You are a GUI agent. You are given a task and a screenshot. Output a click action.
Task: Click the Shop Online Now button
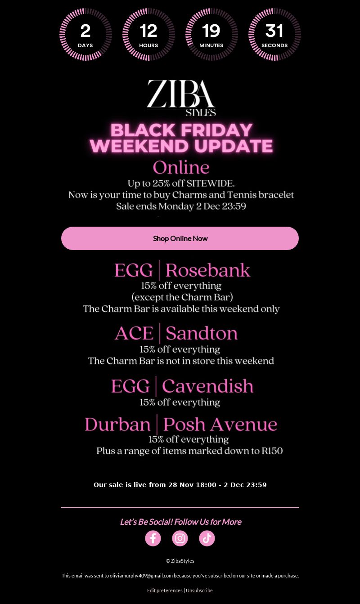pos(180,238)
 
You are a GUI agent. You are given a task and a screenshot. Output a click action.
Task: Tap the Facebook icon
pos(153,538)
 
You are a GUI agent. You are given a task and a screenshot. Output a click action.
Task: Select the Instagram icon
pos(180,538)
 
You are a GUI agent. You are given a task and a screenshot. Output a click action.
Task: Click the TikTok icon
pos(207,538)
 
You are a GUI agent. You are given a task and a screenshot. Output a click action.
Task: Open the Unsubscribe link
pos(199,590)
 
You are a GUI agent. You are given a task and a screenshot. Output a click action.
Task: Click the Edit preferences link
pos(165,590)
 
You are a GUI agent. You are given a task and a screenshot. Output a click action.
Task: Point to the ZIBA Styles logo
pos(181,98)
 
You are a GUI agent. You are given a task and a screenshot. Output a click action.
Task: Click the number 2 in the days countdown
pos(85,31)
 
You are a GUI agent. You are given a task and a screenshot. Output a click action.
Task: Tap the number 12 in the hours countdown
pos(148,31)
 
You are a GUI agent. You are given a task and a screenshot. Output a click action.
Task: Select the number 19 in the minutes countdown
pos(211,31)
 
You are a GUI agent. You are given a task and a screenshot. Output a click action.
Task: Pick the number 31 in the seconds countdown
pos(274,31)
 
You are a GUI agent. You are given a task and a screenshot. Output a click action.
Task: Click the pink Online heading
pos(181,167)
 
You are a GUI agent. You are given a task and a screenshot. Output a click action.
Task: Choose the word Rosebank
pos(207,270)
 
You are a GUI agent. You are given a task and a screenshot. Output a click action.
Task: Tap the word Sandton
pos(202,333)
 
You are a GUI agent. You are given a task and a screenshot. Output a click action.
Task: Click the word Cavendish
pos(207,386)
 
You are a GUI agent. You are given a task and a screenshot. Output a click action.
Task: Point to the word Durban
pos(117,425)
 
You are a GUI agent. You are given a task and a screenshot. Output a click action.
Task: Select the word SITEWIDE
pos(211,183)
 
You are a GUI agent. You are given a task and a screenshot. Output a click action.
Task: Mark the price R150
pos(272,451)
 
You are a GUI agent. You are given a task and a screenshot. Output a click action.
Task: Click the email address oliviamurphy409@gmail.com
pos(141,576)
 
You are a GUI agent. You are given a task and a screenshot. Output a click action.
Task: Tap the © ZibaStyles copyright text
pos(180,561)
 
